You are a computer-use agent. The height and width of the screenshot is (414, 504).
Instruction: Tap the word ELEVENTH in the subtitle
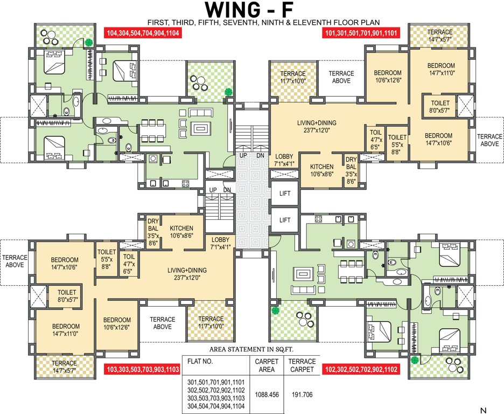(x=335, y=22)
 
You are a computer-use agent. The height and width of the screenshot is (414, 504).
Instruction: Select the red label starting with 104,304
(x=143, y=33)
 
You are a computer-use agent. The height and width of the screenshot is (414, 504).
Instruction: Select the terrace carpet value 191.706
(x=301, y=395)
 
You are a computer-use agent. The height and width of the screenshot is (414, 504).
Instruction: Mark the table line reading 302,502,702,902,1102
(x=215, y=390)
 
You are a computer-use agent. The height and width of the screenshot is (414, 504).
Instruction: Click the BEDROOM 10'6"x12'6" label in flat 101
(x=388, y=77)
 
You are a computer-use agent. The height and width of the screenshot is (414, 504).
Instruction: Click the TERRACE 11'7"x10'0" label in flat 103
(x=211, y=322)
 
